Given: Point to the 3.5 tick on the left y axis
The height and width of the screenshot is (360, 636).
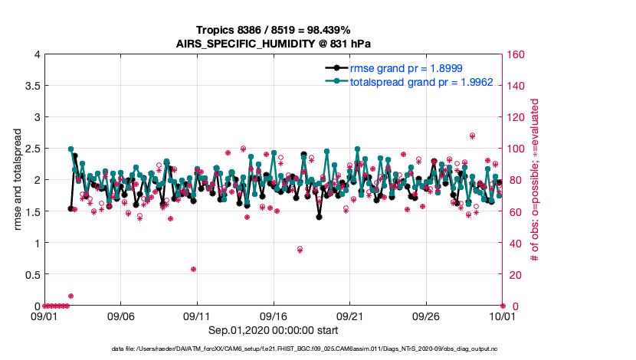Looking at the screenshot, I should [x=31, y=86].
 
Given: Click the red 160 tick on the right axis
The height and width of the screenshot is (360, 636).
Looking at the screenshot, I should [x=516, y=54].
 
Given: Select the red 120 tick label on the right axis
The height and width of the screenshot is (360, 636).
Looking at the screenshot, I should [x=516, y=117].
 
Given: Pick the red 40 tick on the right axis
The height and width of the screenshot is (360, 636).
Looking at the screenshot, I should [x=514, y=243].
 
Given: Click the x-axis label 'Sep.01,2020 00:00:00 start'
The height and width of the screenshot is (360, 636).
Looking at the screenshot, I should [x=274, y=330].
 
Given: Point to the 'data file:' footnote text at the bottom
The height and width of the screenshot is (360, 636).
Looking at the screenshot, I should [x=274, y=349].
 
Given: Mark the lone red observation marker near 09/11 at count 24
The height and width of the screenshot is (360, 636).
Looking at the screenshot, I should [x=194, y=269].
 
